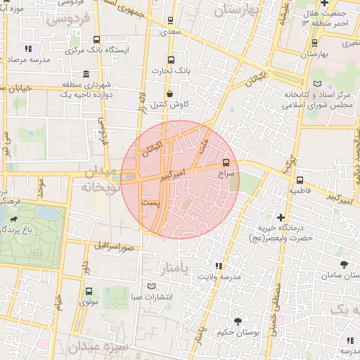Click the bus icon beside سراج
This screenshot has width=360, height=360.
[x=226, y=162]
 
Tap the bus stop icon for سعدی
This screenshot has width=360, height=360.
[x=171, y=21]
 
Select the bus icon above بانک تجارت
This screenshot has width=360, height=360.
[x=171, y=60]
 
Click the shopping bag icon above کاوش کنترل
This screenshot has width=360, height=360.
[x=169, y=94]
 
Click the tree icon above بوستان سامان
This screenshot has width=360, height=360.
[x=343, y=264]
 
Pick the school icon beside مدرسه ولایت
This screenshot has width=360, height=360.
[x=219, y=266]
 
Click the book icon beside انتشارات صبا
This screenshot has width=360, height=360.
[x=152, y=286]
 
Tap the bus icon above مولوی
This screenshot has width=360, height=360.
[x=89, y=291]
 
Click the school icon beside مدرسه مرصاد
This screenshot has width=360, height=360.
[x=29, y=49]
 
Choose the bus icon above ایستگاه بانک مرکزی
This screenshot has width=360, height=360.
[x=96, y=40]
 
